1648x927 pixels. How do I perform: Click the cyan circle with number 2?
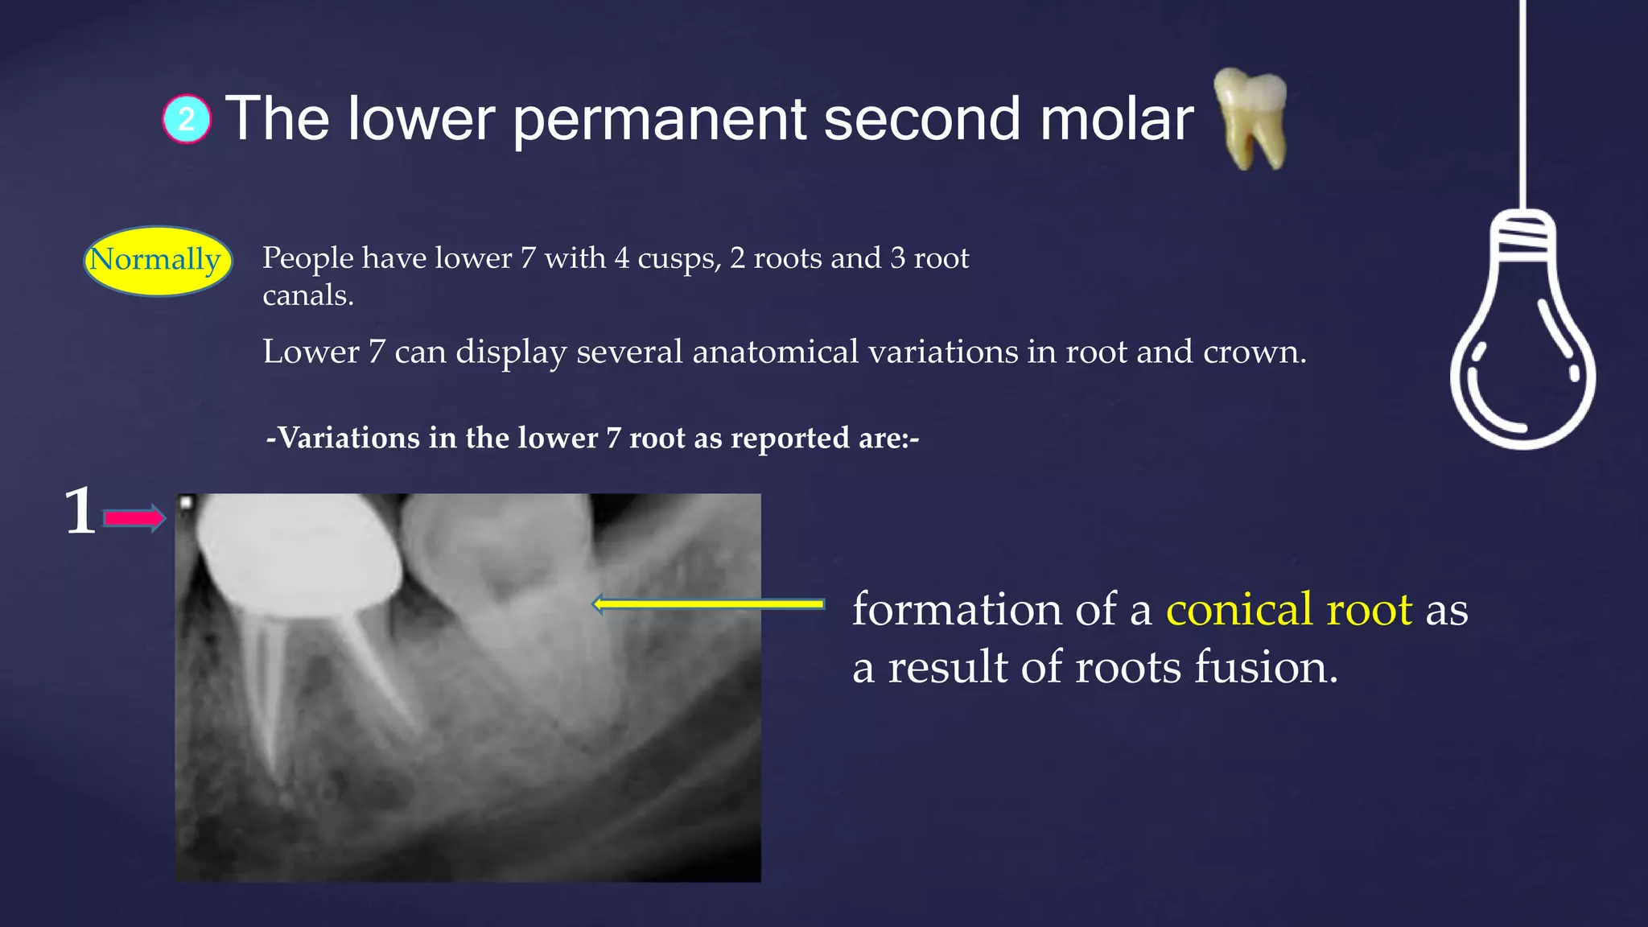coord(187,119)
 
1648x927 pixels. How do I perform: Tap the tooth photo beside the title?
coord(1250,117)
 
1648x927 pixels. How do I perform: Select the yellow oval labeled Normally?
coord(158,260)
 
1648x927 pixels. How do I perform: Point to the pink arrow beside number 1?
coord(134,518)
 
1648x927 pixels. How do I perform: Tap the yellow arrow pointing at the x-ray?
coord(708,604)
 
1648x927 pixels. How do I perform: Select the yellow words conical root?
coord(1288,609)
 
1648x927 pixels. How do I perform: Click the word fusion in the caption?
coord(1266,667)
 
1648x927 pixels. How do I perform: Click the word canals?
coord(307,296)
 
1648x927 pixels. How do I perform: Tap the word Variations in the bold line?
coord(348,438)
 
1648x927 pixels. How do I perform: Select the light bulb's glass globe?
coord(1522,362)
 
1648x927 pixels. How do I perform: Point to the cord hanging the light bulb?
coord(1522,97)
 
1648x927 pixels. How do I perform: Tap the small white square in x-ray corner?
coord(185,503)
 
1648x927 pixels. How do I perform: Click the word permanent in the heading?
coord(659,119)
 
